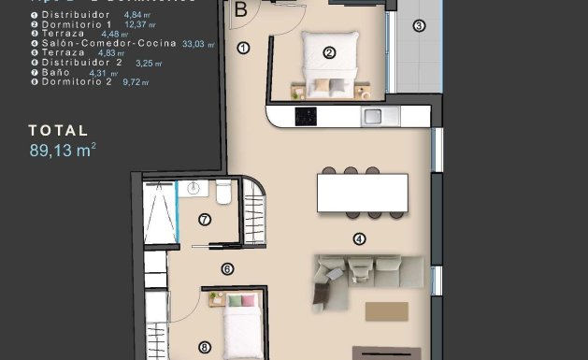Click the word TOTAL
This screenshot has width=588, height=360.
click(58, 131)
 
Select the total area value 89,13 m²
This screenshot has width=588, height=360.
click(63, 148)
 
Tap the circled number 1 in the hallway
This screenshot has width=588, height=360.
click(243, 48)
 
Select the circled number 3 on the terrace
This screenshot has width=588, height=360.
click(419, 25)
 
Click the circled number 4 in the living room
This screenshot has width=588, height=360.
click(360, 238)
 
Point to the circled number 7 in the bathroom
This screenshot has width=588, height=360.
click(205, 220)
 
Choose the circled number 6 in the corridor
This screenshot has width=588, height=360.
click(227, 270)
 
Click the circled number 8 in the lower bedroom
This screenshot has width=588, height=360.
click(205, 347)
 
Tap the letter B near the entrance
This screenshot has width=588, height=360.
click(241, 11)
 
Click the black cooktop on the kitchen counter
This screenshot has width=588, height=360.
click(306, 117)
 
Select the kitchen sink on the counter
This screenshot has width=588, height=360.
click(373, 117)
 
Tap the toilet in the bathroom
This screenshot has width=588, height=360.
click(222, 194)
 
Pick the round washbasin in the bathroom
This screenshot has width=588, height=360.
click(194, 189)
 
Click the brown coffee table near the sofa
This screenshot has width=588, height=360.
click(387, 310)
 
